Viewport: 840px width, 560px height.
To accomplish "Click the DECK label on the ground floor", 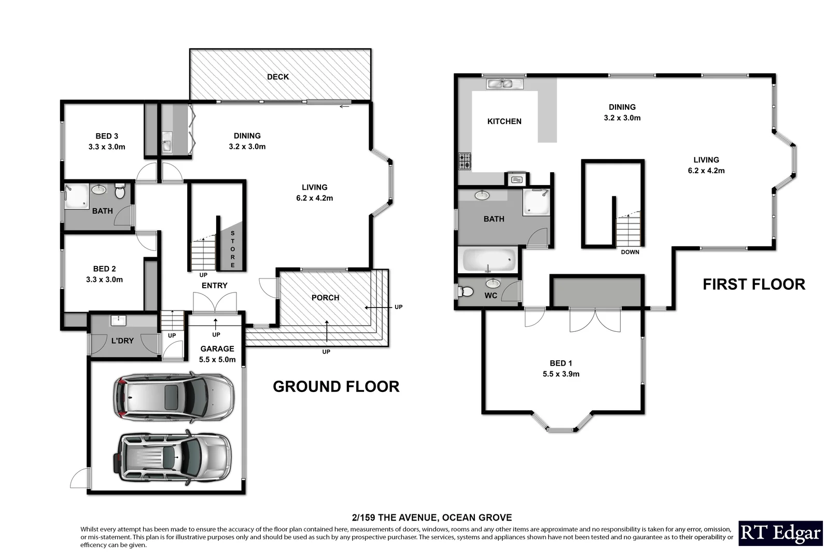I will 277,77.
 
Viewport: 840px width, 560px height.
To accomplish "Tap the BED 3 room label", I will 107,136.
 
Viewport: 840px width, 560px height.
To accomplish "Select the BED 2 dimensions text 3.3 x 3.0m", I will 105,279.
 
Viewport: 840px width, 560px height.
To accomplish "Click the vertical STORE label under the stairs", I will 233,249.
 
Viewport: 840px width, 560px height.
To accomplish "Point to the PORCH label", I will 325,298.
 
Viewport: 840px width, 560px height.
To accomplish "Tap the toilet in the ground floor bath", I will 120,191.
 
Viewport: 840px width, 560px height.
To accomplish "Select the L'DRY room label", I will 122,341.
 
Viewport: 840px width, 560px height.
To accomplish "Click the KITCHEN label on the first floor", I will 504,121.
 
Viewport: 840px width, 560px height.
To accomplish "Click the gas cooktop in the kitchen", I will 465,161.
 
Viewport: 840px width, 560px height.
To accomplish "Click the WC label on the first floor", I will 491,296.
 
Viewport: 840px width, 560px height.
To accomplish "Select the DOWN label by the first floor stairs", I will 630,252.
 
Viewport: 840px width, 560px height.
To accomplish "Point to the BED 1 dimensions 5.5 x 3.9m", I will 561,374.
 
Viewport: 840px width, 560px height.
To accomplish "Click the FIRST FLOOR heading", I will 753,284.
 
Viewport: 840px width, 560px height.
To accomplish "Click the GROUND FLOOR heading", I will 336,386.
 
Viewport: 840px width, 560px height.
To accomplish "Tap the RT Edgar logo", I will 780,533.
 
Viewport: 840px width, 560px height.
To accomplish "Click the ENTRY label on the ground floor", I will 214,285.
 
